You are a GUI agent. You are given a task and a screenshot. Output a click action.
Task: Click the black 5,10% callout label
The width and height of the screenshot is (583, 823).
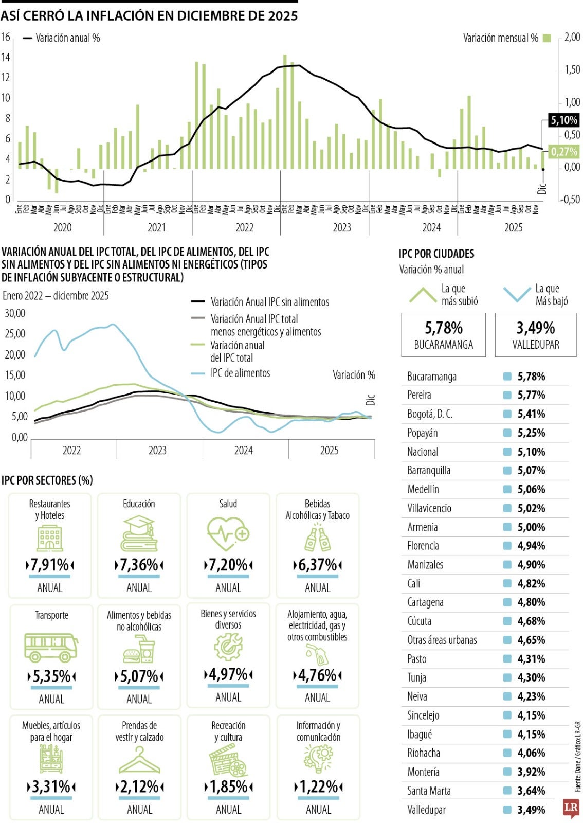point(563,120)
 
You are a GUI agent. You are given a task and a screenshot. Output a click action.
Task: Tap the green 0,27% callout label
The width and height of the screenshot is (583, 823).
point(563,152)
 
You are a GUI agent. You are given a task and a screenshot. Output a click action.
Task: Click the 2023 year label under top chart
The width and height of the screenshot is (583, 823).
point(342,228)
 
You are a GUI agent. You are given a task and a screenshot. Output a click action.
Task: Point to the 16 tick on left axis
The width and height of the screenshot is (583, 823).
point(6,37)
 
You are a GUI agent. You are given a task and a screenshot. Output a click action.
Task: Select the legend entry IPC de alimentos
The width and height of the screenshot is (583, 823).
point(240,373)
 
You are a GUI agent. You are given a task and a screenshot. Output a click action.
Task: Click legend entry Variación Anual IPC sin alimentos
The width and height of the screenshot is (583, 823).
point(269,302)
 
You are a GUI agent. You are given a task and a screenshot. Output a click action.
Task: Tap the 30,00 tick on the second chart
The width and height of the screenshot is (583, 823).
point(15,313)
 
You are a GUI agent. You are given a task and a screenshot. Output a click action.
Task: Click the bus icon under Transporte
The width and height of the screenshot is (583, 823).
point(51,647)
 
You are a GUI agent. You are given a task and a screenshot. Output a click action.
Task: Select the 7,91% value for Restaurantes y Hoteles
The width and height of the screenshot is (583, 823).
point(50,565)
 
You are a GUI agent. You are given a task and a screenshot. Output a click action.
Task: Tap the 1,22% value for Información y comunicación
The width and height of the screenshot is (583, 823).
point(318,786)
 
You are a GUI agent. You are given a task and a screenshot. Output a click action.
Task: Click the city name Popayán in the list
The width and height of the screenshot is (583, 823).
point(423,433)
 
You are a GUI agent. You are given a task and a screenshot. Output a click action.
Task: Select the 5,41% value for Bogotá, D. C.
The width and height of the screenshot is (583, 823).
point(531,414)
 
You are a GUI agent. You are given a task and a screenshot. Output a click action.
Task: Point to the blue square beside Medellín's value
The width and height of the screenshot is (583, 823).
point(507,490)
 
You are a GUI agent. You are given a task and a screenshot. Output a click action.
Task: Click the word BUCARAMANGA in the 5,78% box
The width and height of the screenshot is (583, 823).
point(443,345)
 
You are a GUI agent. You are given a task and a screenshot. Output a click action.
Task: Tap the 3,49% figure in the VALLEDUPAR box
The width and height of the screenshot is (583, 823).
point(535,328)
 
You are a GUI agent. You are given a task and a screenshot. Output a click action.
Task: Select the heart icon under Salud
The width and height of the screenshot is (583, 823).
point(228,534)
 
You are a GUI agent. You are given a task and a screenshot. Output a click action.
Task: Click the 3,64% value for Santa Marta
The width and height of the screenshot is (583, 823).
point(531,791)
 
